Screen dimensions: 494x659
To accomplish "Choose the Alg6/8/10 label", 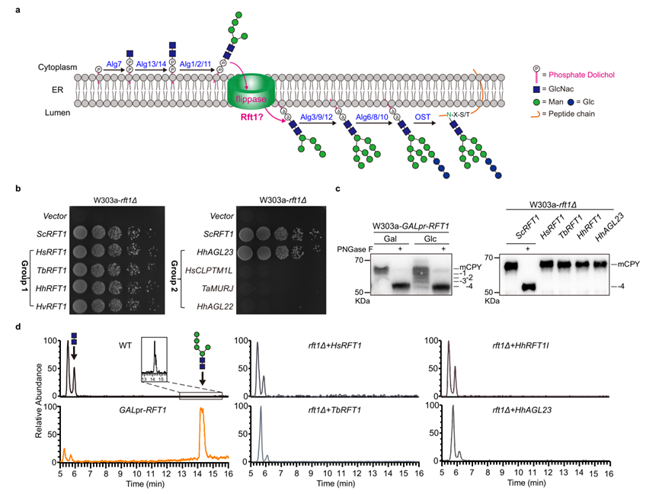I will [372, 116].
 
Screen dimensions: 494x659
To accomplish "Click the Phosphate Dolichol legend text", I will [581, 75].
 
